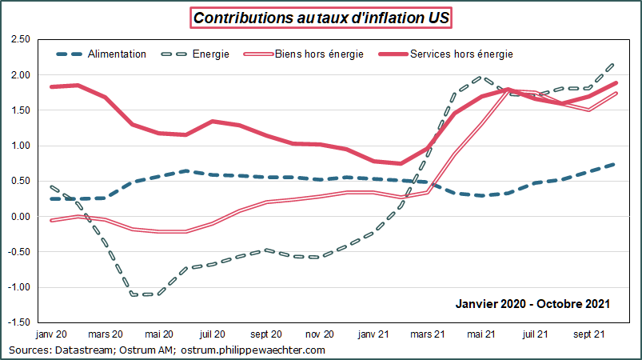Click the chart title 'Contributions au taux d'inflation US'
(320, 18)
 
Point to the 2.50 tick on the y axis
(19, 40)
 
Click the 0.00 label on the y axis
(19, 217)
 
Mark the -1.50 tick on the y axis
(18, 322)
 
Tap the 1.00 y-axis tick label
(19, 146)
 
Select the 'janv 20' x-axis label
(51, 334)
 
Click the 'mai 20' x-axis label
(160, 334)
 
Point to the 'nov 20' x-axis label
(320, 334)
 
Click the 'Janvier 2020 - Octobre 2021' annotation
(533, 303)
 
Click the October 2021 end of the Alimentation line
(613, 164)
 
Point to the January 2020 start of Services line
(51, 86)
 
